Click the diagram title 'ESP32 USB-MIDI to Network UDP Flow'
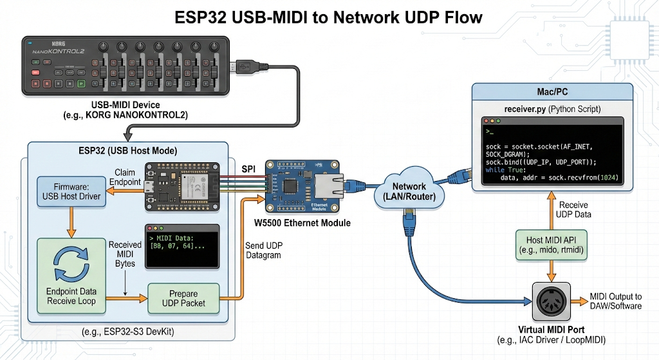point(329,17)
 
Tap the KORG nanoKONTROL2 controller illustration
point(125,66)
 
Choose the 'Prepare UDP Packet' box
point(183,298)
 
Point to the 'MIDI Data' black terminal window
point(183,246)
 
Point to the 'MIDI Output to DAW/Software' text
point(615,301)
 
